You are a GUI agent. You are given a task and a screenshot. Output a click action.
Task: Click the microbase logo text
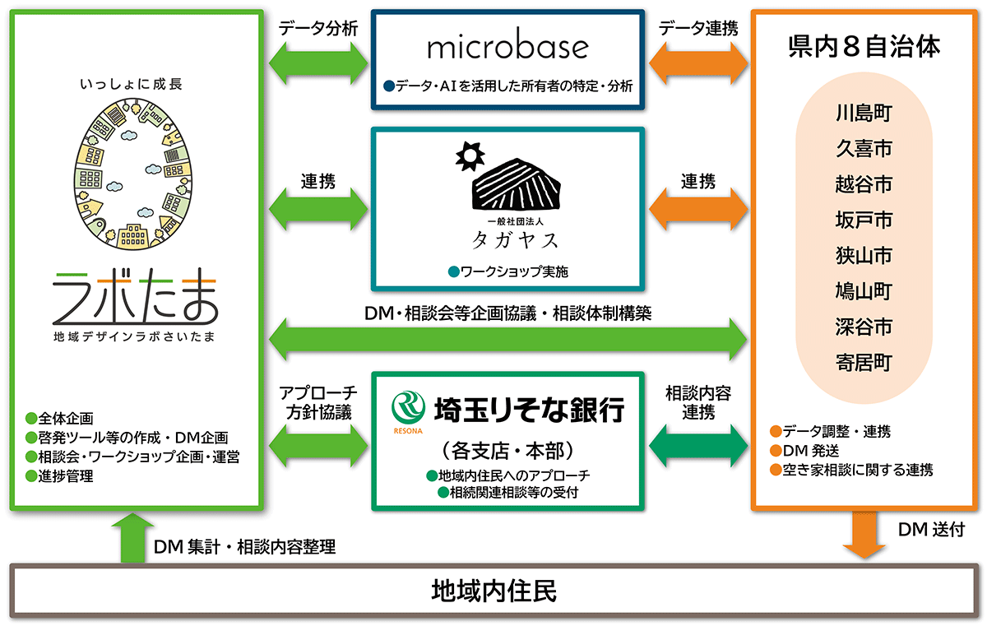click(x=507, y=47)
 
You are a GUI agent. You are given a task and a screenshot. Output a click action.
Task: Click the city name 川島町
click(x=863, y=114)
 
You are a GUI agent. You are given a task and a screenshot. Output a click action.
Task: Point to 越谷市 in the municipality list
click(x=863, y=184)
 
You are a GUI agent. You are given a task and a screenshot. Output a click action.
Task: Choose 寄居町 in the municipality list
click(x=863, y=363)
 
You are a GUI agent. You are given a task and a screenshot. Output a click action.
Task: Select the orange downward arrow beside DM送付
click(x=864, y=538)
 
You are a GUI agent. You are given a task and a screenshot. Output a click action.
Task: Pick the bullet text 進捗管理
click(x=65, y=476)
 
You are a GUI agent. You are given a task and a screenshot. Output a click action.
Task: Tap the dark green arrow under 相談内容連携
click(x=698, y=445)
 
